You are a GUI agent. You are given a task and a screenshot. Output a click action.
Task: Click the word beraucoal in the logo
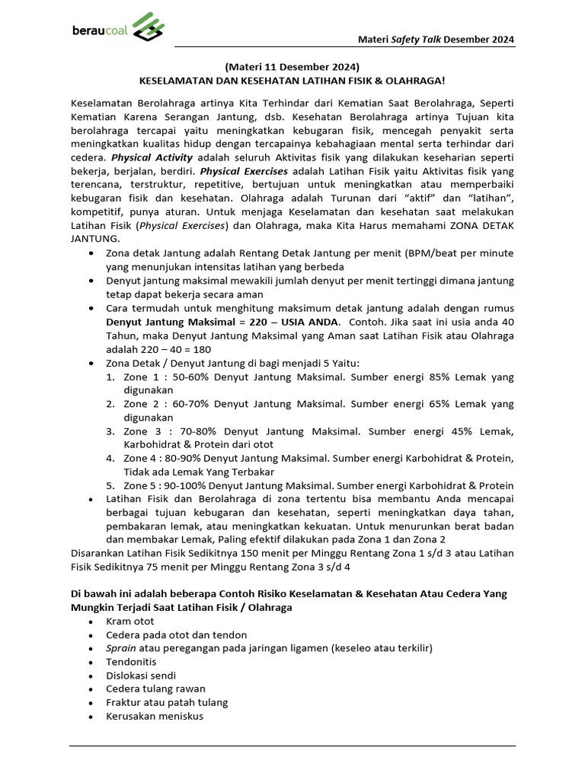101,30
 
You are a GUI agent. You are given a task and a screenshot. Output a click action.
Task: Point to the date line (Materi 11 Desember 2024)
292,65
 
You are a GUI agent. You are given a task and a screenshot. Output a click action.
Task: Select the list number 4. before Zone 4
110,458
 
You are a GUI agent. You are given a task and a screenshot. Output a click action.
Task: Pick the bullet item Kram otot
129,621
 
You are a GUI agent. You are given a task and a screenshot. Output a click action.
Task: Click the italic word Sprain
122,648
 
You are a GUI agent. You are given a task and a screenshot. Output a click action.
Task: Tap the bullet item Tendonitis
131,662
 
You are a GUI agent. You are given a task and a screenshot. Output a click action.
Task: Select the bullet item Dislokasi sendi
141,676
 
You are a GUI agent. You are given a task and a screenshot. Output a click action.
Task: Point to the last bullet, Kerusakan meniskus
155,716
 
